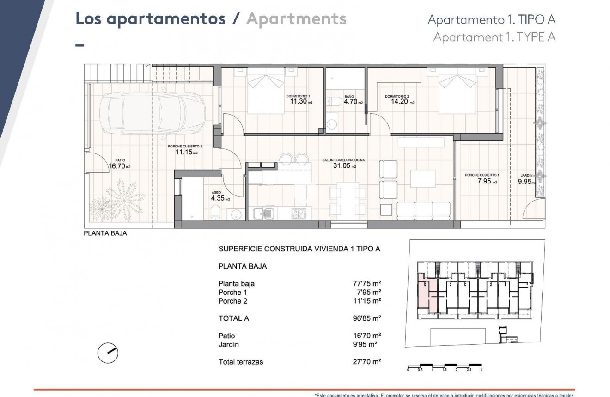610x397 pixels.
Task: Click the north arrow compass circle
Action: (108, 354)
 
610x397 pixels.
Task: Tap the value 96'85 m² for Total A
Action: (367, 318)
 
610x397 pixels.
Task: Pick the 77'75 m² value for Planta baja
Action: (367, 284)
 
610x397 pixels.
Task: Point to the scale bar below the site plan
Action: (445, 365)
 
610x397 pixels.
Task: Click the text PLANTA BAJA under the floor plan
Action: (105, 233)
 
